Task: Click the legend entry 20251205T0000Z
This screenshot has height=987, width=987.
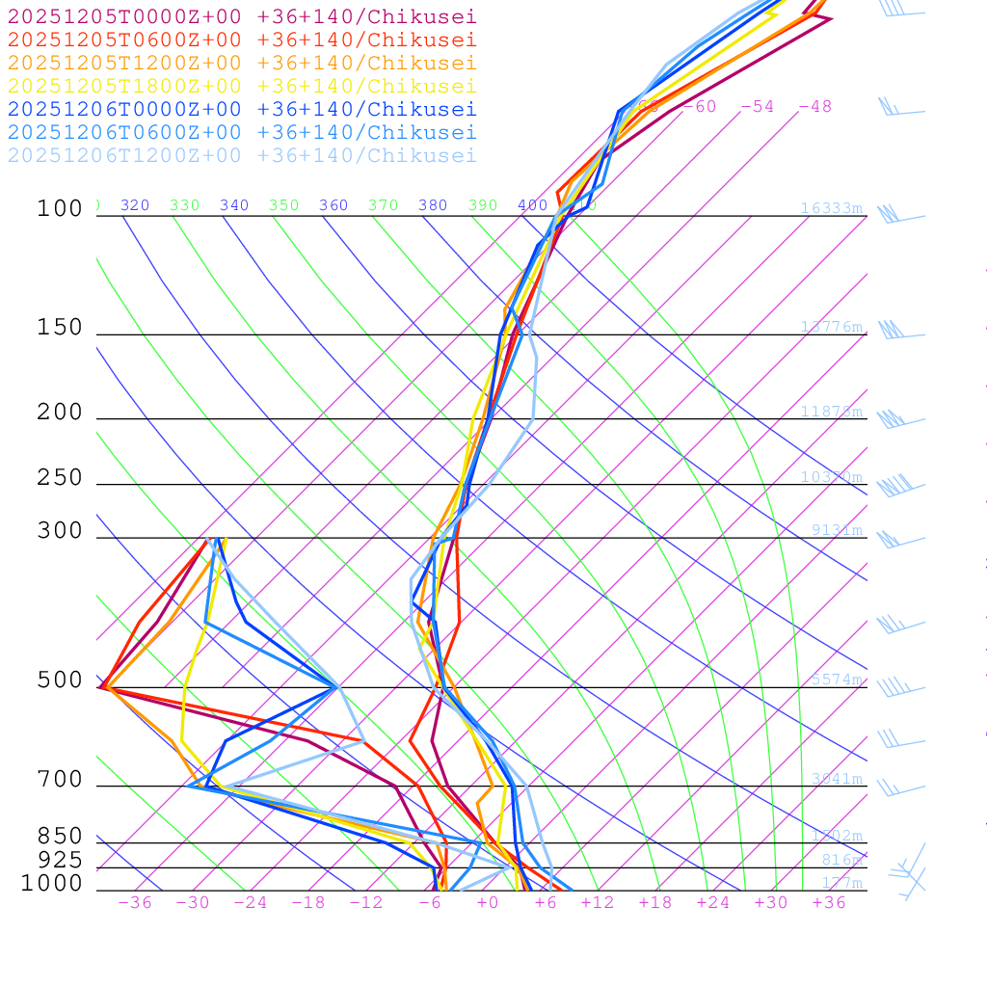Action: [x=242, y=16]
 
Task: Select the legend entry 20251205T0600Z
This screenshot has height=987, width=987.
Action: [x=242, y=40]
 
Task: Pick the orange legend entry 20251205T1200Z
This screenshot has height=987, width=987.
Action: [x=242, y=63]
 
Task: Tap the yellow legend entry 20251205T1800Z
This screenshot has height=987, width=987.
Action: [x=242, y=86]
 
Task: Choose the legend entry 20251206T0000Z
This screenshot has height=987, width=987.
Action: [x=242, y=109]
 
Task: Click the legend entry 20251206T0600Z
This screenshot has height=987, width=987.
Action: [x=242, y=132]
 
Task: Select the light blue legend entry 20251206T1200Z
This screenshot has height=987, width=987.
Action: [x=242, y=155]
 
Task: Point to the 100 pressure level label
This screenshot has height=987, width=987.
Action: [x=60, y=208]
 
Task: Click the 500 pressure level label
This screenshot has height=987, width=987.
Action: [x=60, y=680]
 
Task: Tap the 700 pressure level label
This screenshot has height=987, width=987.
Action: [x=60, y=779]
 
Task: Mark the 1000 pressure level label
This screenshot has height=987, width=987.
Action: [x=52, y=883]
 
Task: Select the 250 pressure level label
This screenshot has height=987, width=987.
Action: [x=60, y=477]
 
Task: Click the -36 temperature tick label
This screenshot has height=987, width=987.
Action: [x=134, y=902]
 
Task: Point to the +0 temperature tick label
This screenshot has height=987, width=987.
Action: [x=487, y=902]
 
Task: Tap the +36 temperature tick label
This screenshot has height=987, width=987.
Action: [x=828, y=902]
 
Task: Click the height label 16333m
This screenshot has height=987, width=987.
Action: [x=831, y=208]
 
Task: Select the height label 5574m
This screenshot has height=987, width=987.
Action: [x=836, y=680]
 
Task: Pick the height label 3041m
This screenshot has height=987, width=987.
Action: [x=836, y=779]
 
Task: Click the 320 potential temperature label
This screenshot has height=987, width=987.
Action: [x=135, y=205]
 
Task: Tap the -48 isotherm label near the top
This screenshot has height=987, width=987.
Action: [x=814, y=106]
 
